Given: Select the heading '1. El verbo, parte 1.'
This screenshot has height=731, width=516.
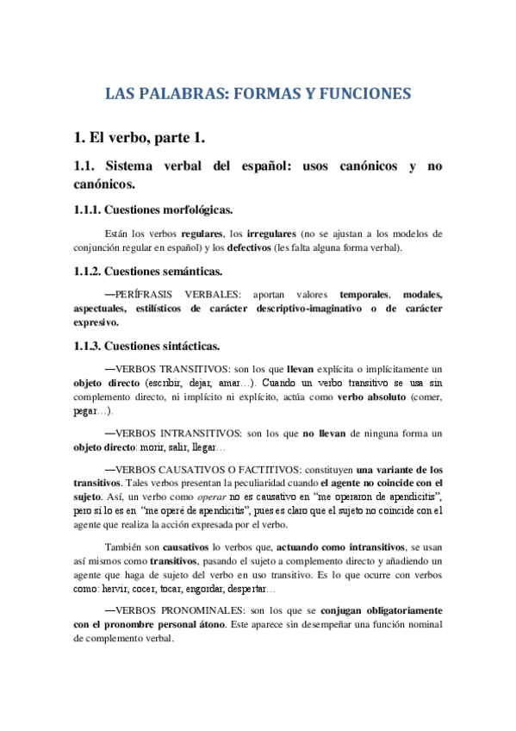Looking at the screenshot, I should tap(139, 136).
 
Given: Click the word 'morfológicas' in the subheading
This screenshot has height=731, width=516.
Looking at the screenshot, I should tap(188, 209).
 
